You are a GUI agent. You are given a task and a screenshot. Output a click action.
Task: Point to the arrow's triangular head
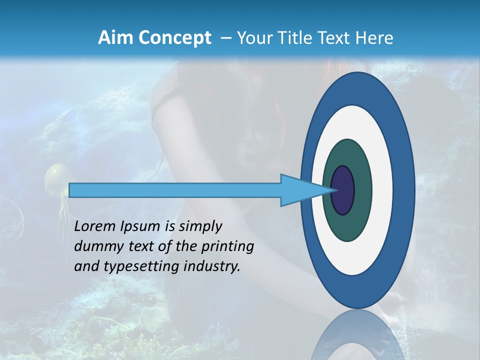tap(300, 190)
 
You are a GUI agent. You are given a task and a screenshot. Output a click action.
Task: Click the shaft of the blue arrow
tap(175, 190)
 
